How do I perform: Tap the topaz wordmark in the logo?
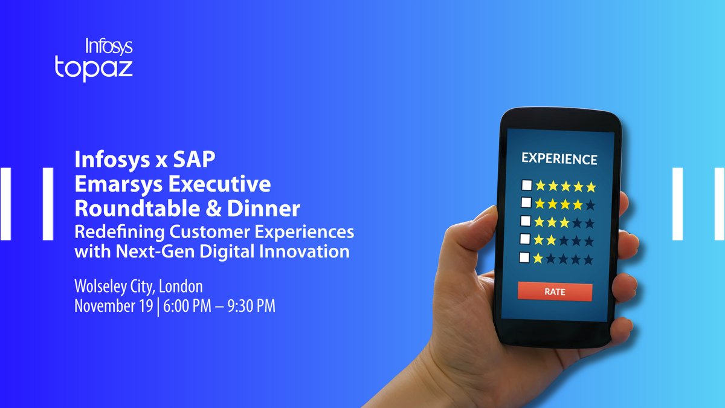(94, 67)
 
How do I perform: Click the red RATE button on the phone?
(555, 291)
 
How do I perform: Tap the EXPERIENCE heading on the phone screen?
(559, 159)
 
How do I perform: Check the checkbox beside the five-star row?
(526, 186)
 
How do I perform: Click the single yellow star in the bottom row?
(538, 258)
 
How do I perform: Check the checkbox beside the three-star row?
(526, 222)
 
